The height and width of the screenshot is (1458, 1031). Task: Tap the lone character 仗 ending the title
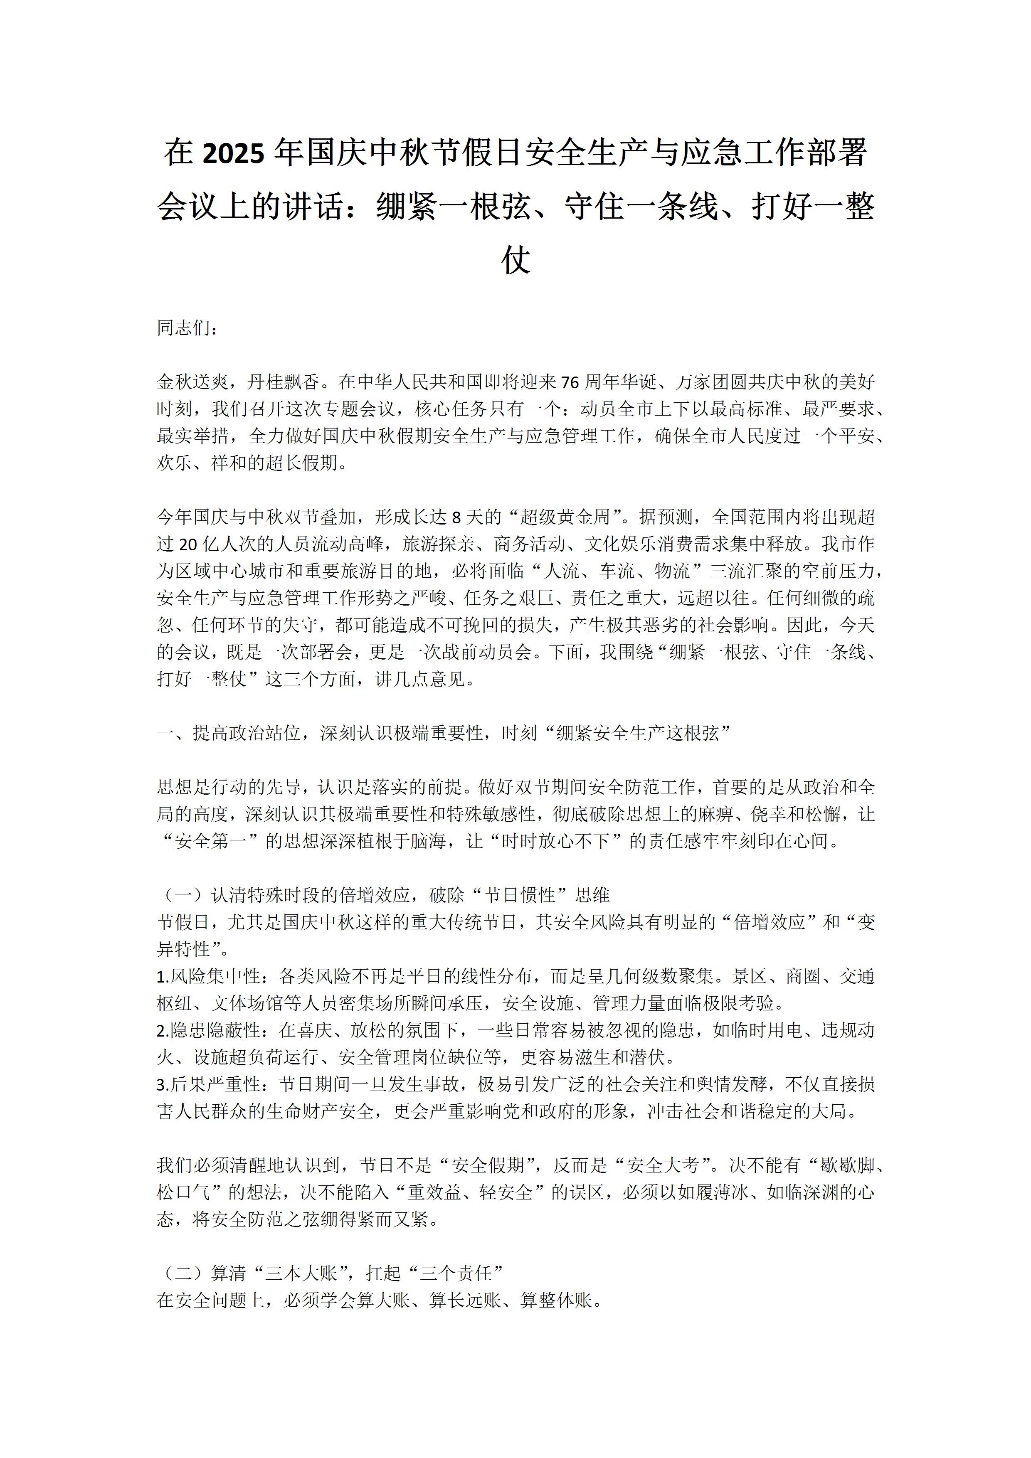coord(515,260)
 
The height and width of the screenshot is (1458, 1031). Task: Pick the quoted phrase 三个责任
coord(456,1273)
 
